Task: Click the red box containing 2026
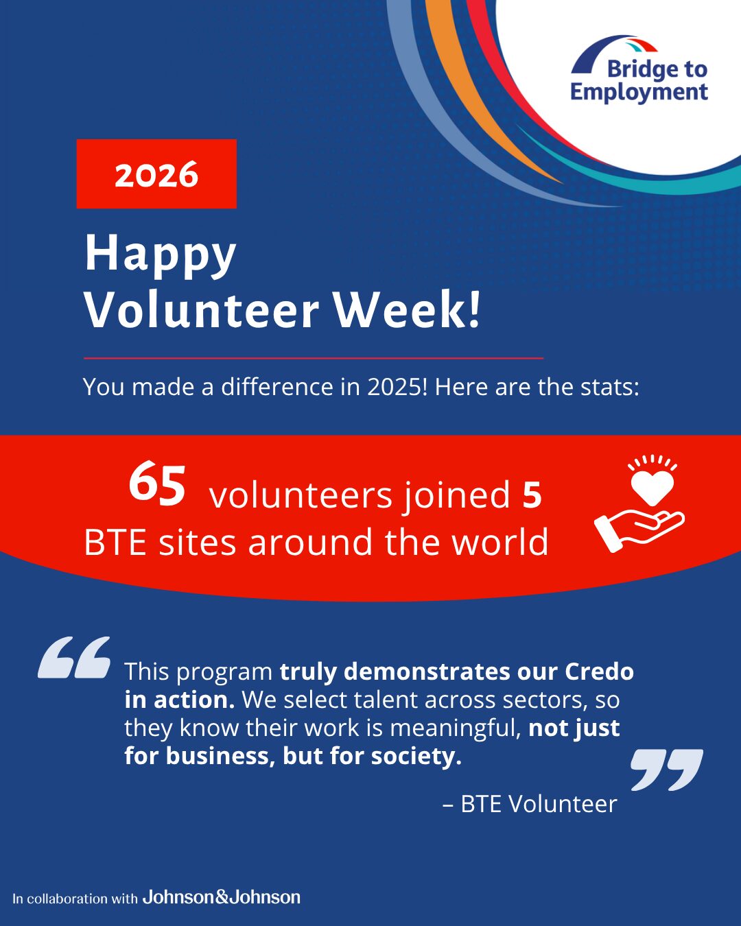(x=156, y=174)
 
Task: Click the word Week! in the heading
(x=407, y=309)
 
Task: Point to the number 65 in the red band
(x=157, y=484)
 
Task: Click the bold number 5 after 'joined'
(x=532, y=495)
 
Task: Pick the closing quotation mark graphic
(x=666, y=769)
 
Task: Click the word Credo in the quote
(x=599, y=672)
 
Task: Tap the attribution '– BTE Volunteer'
(x=530, y=804)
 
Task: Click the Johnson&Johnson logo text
(x=221, y=897)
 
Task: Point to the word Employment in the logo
(x=639, y=93)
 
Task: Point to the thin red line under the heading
(x=314, y=358)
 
